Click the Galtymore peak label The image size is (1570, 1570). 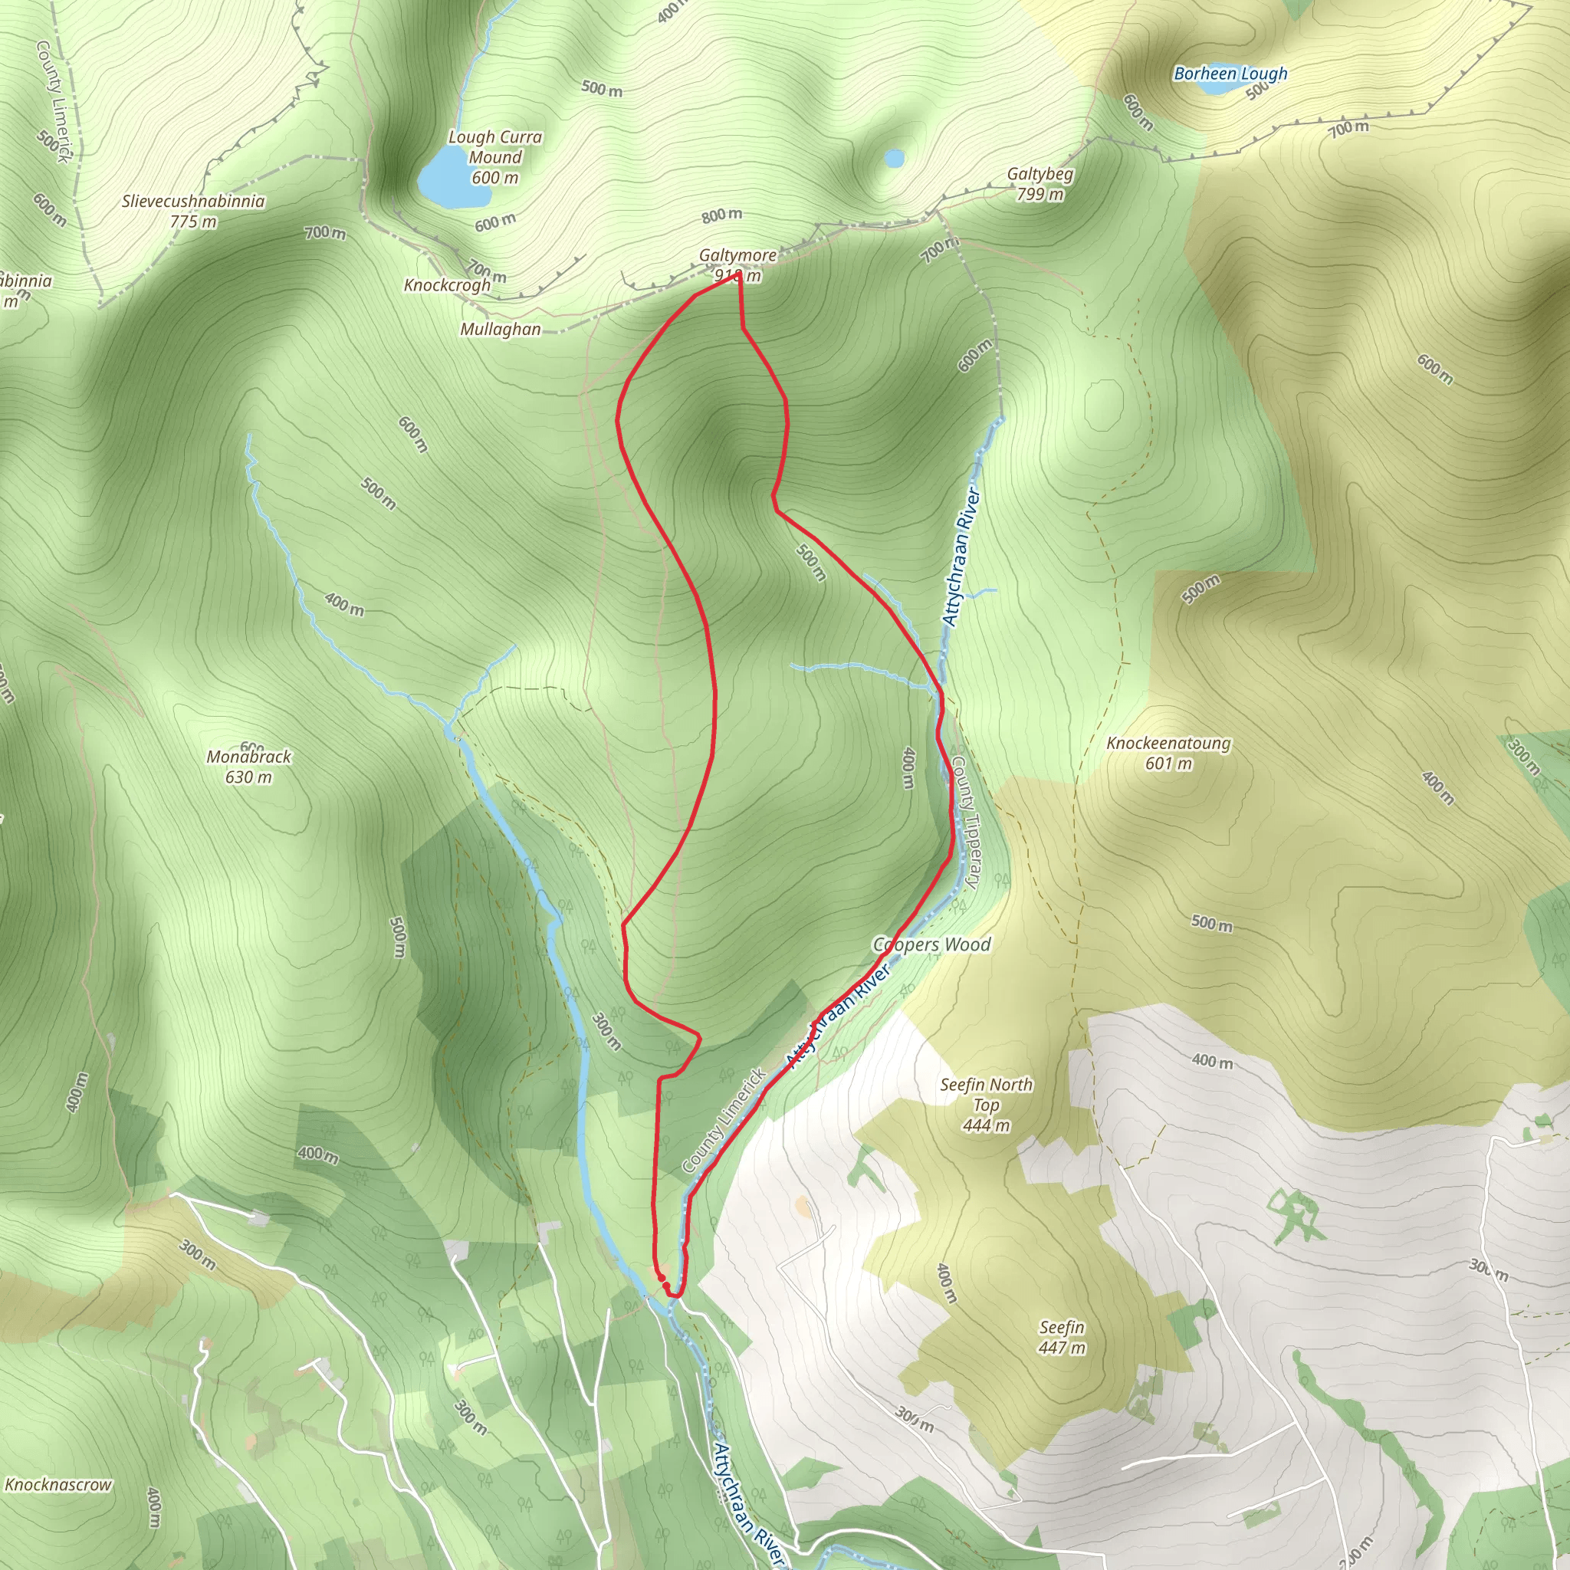coord(737,256)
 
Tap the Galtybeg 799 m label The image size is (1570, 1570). coord(1040,184)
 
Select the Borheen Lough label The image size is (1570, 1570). coord(1230,74)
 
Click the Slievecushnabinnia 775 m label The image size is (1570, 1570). coord(193,211)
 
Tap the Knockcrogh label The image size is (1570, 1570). coord(447,285)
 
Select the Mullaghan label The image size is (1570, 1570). coord(500,329)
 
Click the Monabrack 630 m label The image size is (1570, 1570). coord(248,767)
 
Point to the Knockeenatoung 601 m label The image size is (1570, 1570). coord(1168,753)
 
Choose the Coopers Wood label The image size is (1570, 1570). coord(931,944)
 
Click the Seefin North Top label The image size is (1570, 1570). coord(986,1105)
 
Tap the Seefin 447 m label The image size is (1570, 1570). coord(1061,1337)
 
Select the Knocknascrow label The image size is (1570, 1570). coord(57,1484)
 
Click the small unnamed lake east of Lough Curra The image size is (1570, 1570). coord(894,159)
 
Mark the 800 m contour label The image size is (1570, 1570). coord(721,215)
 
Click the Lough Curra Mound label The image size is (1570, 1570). coord(494,157)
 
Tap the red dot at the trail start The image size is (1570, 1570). coord(662,1278)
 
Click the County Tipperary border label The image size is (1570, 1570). coord(966,822)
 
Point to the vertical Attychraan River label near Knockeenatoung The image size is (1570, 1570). coord(961,557)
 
